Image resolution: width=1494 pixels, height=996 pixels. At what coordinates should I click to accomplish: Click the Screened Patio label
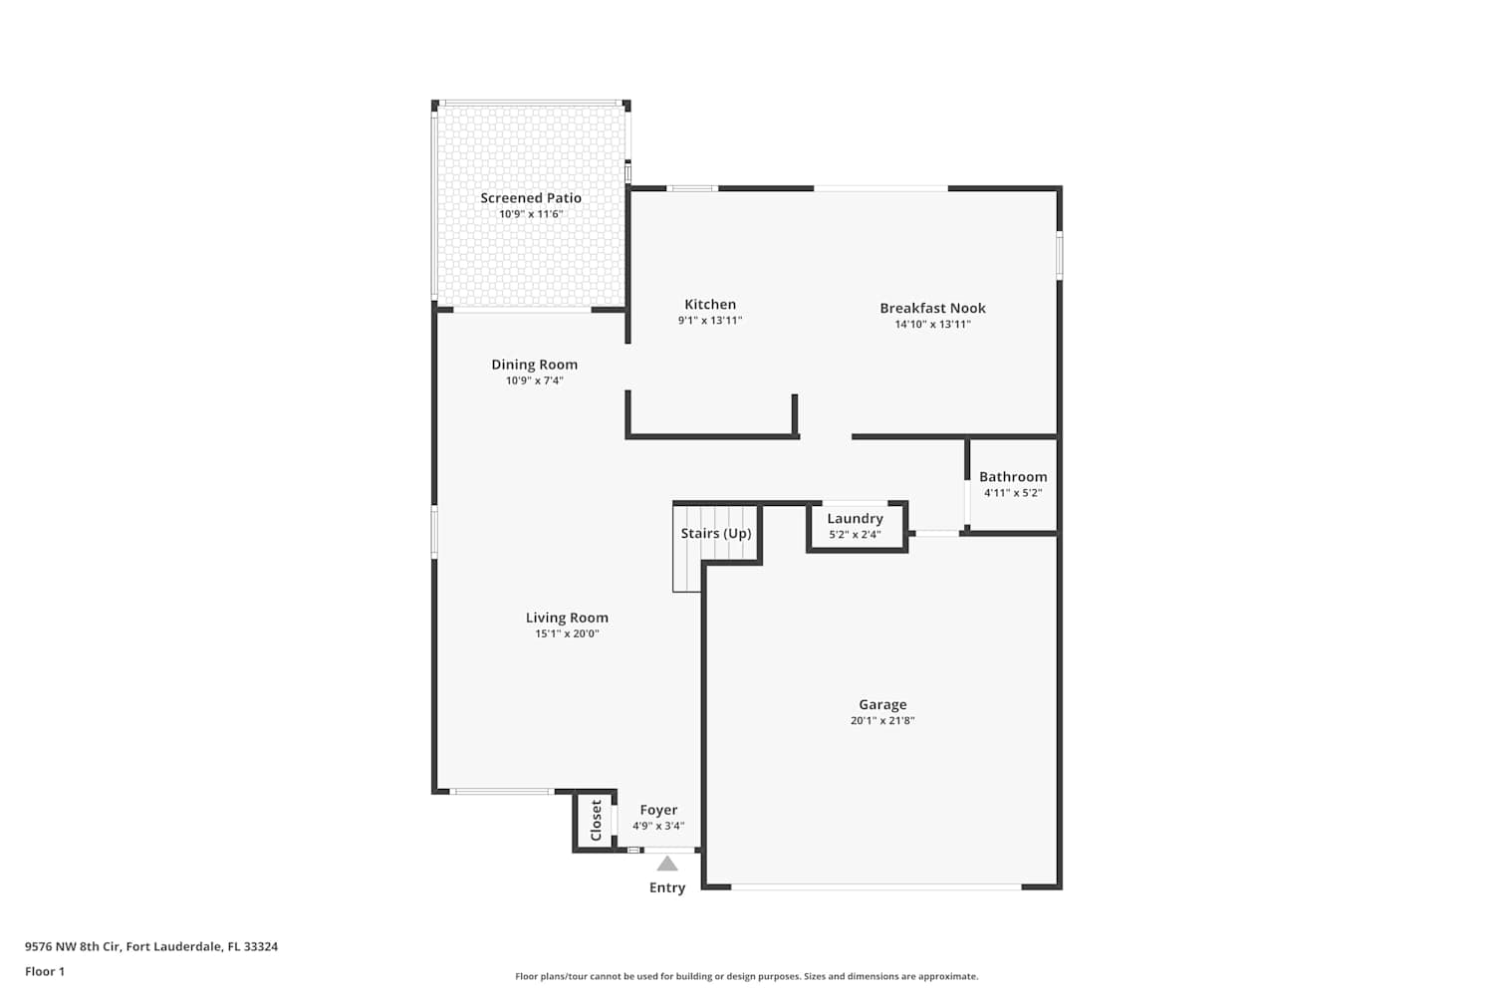point(531,198)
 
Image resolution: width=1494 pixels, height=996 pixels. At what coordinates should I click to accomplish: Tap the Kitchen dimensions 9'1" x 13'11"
point(710,321)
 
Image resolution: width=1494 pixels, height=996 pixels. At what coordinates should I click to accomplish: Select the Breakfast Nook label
point(932,308)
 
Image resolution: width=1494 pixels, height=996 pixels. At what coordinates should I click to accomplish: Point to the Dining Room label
point(534,365)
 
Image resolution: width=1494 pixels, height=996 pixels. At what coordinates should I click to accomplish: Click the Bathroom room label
point(1013,477)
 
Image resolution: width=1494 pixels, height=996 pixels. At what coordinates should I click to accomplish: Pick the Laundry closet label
point(855,519)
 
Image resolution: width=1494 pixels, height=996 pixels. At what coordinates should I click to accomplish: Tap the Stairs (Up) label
point(716,534)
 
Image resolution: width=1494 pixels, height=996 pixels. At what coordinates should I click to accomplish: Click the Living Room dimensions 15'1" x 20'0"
point(567,633)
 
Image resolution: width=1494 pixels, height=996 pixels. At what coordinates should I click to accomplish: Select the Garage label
point(882,704)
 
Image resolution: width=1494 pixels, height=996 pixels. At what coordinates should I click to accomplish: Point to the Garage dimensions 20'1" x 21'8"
point(882,720)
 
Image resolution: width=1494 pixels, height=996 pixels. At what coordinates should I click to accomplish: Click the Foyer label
point(658,810)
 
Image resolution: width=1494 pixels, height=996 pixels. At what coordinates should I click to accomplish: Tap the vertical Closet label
point(597,821)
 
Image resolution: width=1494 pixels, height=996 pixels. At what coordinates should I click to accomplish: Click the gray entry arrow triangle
point(667,864)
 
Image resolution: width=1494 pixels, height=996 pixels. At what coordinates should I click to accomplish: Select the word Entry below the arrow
point(667,887)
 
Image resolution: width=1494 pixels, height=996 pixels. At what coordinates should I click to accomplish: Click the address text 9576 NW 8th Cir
point(73,946)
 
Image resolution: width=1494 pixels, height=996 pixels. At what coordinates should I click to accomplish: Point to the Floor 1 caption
point(45,971)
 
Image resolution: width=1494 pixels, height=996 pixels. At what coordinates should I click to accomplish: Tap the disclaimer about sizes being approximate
point(746,977)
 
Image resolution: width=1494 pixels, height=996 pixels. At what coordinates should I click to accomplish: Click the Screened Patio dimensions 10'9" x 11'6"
point(531,214)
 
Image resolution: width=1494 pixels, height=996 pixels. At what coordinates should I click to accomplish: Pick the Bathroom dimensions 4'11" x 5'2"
point(1013,493)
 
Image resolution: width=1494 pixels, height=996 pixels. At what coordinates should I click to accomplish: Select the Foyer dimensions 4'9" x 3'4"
point(658,826)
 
